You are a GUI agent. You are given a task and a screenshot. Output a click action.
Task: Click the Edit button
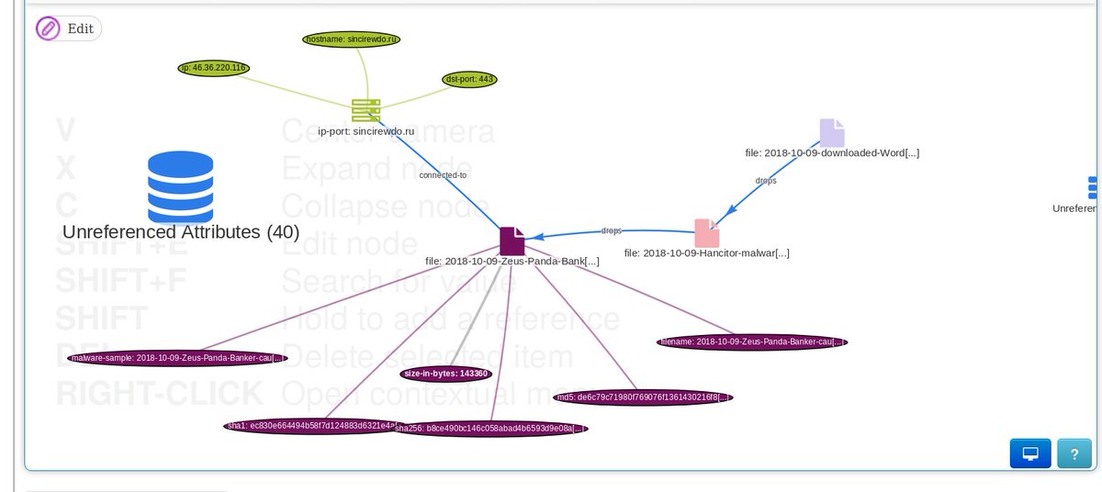(68, 28)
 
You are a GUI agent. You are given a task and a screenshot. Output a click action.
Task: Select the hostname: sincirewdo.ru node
(353, 39)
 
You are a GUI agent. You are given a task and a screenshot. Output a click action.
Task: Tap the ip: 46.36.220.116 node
(213, 68)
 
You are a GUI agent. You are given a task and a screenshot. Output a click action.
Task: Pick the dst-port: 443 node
(470, 79)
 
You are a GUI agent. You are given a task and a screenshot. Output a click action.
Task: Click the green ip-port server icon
(365, 110)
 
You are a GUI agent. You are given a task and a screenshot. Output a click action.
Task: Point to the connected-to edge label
(443, 174)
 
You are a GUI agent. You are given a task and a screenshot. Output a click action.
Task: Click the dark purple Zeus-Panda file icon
(512, 240)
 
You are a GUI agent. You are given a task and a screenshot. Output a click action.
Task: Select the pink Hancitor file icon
(706, 232)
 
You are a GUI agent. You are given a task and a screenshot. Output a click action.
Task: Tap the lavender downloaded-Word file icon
(832, 132)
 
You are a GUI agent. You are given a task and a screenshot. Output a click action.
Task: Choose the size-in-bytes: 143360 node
(445, 374)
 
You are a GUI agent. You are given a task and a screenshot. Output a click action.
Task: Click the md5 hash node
(643, 397)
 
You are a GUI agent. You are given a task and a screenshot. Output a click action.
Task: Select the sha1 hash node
(312, 426)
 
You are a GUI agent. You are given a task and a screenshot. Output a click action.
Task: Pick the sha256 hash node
(491, 428)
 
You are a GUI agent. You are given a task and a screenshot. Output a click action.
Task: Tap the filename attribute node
(751, 341)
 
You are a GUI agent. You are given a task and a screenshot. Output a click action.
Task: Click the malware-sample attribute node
(171, 358)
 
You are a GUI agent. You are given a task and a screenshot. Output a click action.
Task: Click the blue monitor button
(1029, 453)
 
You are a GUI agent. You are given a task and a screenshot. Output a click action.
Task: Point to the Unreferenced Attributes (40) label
(181, 232)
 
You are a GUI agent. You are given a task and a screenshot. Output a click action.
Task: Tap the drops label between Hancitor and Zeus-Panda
(611, 230)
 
